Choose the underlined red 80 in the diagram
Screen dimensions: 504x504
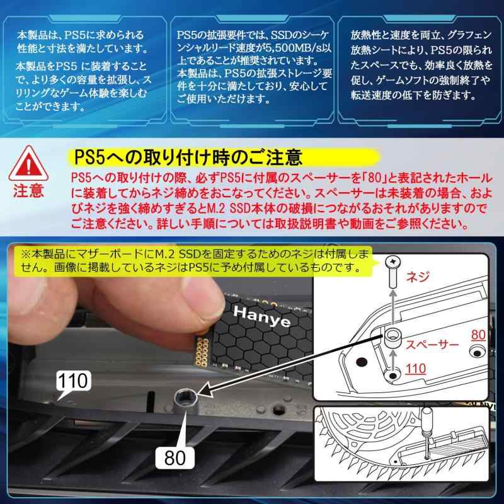click(x=478, y=335)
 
